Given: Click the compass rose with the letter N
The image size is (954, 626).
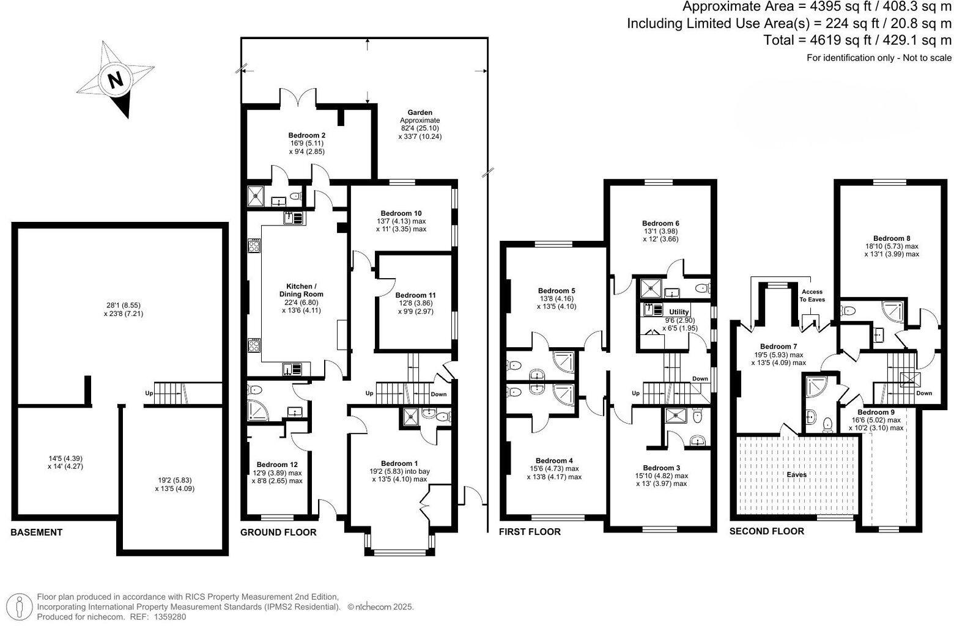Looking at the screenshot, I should [x=116, y=79].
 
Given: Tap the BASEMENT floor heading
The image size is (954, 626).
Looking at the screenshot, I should [x=36, y=532].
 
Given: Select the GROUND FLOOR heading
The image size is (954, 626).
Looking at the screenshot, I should [x=278, y=532].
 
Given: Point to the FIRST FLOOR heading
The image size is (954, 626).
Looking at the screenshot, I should [x=530, y=531].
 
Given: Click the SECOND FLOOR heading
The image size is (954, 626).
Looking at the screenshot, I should [x=767, y=531].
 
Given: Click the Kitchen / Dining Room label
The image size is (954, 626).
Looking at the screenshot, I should [x=301, y=290].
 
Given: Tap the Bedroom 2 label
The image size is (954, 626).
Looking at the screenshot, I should [x=306, y=135].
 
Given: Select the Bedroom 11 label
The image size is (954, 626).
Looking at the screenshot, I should [x=416, y=295].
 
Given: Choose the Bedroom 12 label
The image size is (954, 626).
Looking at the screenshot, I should [x=277, y=464].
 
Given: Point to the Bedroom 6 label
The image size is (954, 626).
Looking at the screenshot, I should [x=660, y=223].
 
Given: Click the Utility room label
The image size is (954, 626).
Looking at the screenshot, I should [x=679, y=312].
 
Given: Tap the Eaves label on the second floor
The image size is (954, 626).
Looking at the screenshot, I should [x=796, y=474].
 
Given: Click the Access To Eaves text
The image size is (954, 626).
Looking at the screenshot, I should [x=813, y=296].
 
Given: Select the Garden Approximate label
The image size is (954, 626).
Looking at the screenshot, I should [x=420, y=116].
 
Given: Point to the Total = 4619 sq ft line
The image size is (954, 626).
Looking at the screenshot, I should [x=857, y=40].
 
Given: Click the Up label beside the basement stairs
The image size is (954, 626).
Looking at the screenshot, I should [x=149, y=393].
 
